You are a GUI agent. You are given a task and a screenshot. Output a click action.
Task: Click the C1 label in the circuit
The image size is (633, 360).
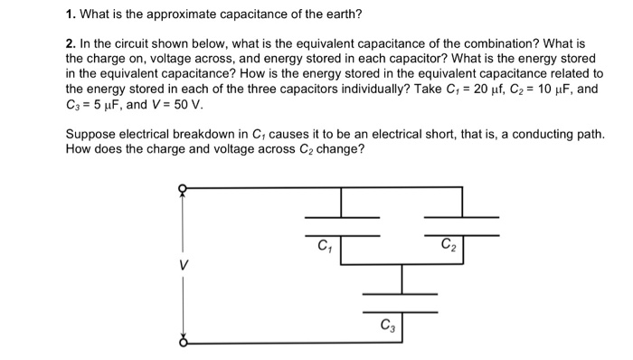[323, 245]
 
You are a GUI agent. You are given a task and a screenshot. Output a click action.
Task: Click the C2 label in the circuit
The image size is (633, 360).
[449, 244]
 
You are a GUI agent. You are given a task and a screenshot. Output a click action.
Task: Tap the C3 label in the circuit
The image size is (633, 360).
[387, 325]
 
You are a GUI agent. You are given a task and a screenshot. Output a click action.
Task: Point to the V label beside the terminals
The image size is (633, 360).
[184, 266]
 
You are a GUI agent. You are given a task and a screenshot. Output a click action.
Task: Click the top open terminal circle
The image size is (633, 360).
[182, 189]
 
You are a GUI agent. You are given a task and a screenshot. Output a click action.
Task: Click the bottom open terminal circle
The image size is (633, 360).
[182, 343]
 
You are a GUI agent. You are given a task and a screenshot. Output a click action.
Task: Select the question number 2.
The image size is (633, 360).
[71, 43]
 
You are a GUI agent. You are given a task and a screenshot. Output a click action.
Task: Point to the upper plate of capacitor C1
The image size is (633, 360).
[342, 218]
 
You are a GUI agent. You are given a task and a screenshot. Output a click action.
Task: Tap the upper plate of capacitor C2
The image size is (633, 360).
[461, 218]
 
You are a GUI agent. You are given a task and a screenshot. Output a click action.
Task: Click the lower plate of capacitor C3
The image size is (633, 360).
[400, 311]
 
